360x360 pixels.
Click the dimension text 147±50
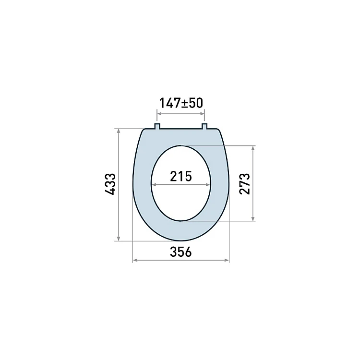(181, 103)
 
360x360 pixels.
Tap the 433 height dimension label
(110, 184)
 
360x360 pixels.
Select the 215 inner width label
(180, 177)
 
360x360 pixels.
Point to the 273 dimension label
(244, 184)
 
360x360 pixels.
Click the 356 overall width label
(180, 252)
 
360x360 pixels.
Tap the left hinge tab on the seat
(157, 126)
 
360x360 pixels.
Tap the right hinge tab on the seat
(204, 126)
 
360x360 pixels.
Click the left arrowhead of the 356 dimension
(135, 260)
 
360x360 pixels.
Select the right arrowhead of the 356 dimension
(227, 260)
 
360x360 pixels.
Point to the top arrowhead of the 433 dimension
(119, 132)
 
